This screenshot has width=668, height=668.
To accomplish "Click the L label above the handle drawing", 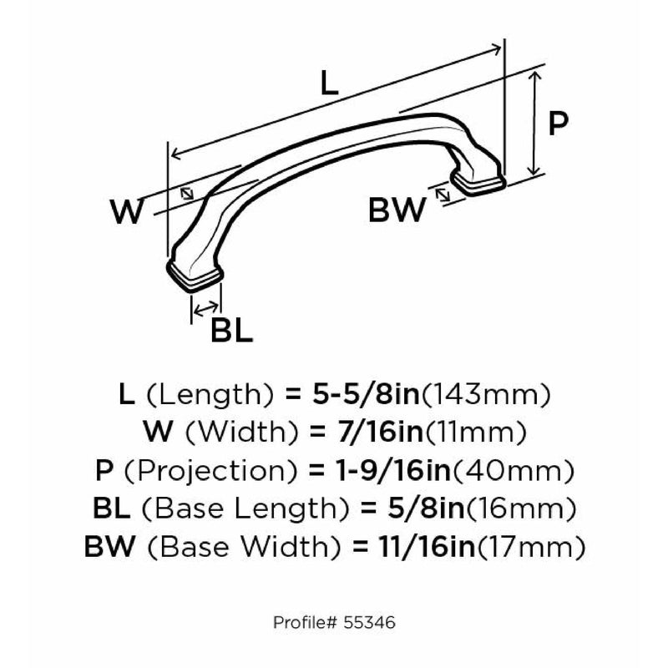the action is [x=328, y=83].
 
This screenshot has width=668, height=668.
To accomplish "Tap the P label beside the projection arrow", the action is [x=558, y=123].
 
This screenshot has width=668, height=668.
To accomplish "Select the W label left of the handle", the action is [x=127, y=211].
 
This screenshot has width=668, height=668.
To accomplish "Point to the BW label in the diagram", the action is [x=397, y=210].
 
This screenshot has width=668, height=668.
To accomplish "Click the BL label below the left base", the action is [x=232, y=330].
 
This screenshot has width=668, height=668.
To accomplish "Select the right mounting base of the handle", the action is [x=478, y=181].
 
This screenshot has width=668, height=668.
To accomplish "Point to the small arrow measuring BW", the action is [x=443, y=195].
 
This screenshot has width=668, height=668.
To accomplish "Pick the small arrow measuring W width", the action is [x=186, y=194].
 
